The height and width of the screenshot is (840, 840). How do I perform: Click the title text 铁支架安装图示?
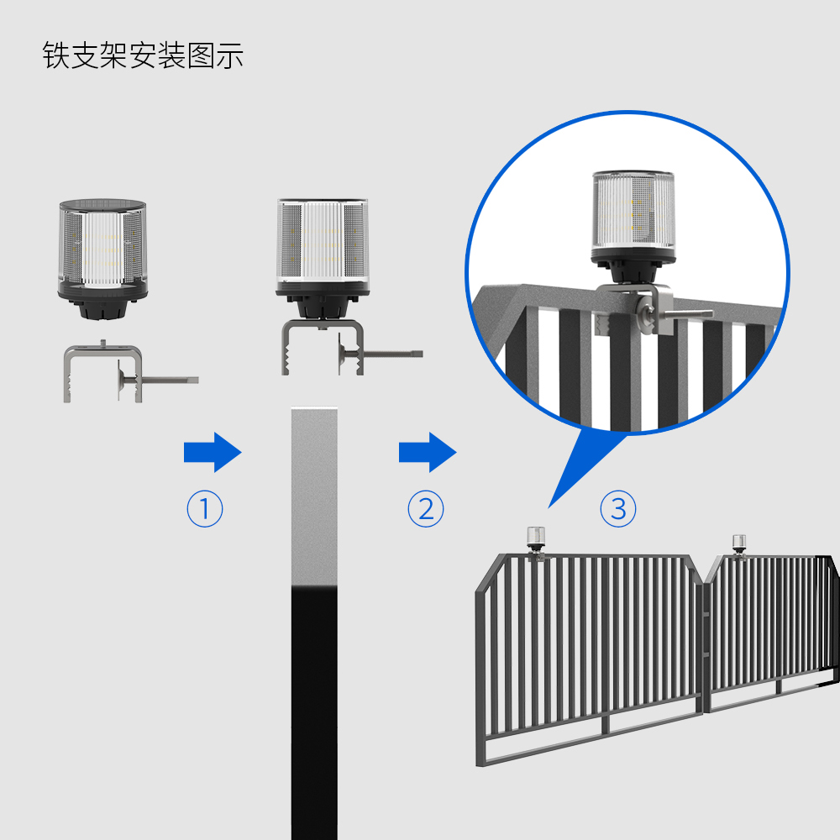point(143,55)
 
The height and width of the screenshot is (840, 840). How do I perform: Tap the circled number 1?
point(205,508)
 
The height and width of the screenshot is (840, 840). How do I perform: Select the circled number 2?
point(426,508)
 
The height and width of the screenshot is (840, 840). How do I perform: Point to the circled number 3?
point(618,508)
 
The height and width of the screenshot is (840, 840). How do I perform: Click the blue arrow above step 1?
point(213,452)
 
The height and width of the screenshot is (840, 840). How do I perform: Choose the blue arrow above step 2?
point(428,452)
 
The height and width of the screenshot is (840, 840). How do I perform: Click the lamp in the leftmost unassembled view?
point(102,260)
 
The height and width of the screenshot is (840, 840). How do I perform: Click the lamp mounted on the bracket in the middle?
point(323,258)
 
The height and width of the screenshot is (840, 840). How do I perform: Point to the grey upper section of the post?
point(314,496)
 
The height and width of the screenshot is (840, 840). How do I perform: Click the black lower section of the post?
point(314,713)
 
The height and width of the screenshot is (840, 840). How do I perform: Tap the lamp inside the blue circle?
point(633,227)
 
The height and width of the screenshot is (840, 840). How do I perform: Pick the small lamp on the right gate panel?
point(739,544)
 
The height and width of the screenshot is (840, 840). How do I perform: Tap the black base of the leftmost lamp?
point(102,300)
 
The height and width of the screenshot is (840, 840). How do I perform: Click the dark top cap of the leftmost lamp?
point(102,205)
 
